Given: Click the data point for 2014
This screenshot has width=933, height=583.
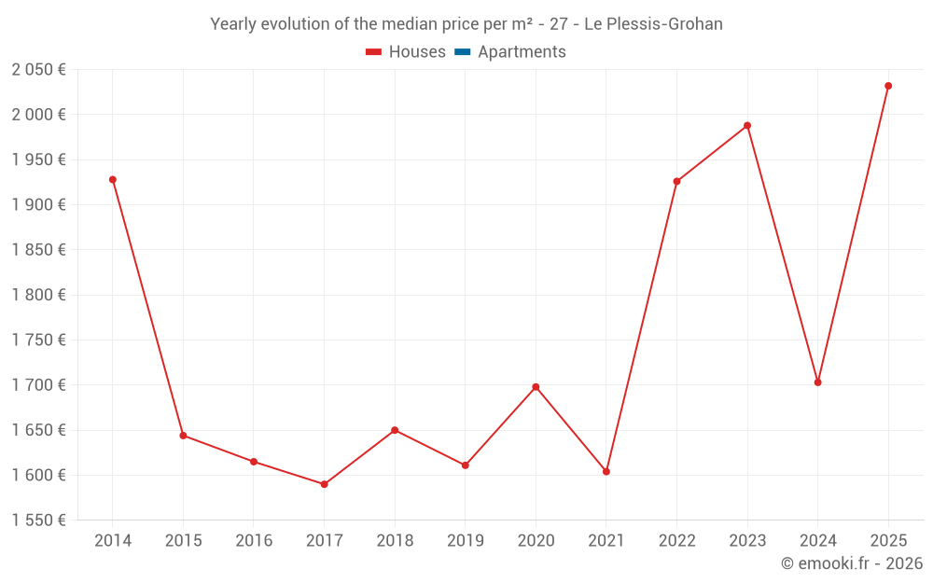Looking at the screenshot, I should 113,179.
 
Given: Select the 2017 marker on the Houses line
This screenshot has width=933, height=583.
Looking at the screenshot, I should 324,484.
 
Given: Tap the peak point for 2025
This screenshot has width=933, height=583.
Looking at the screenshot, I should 888,86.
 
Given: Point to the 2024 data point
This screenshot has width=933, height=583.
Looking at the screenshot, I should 817,382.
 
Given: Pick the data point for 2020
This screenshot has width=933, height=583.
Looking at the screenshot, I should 536,387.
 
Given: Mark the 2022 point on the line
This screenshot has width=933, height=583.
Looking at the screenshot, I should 676,181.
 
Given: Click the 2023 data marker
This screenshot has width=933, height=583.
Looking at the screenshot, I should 747,125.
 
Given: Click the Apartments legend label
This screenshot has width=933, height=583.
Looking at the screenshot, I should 522,52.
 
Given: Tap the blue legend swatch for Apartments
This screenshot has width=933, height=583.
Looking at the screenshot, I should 463,52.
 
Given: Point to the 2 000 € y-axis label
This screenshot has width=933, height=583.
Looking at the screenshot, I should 39,115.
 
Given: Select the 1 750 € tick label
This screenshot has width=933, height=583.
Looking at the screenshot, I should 39,340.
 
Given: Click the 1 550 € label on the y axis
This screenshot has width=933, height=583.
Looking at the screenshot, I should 39,521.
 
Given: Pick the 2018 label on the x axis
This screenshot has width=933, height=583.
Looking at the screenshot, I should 395,541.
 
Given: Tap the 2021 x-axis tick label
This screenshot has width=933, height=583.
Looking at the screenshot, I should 606,541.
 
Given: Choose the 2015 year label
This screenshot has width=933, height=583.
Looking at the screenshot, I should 183,541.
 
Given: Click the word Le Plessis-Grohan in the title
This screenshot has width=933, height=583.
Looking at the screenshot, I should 653,24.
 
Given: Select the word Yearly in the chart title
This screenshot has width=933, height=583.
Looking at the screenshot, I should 235,24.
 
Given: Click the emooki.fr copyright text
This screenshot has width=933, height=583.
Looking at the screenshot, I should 852,563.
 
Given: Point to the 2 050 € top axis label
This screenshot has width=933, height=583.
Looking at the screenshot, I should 39,70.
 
